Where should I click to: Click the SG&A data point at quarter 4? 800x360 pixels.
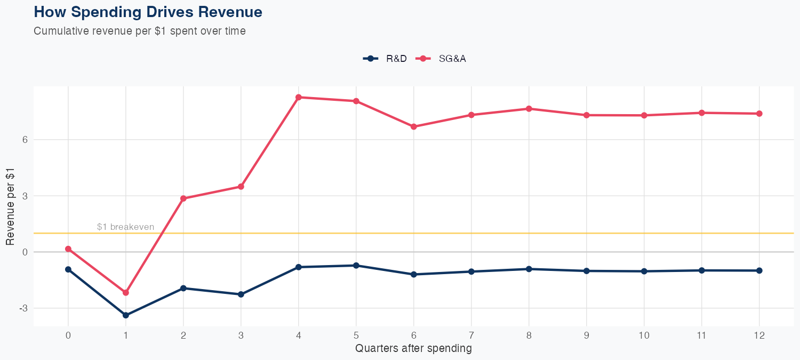pyautogui.click(x=299, y=97)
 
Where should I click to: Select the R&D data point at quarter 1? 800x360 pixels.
pyautogui.click(x=126, y=315)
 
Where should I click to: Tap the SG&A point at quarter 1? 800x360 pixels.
pyautogui.click(x=126, y=292)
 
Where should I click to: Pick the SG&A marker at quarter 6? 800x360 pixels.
pyautogui.click(x=414, y=126)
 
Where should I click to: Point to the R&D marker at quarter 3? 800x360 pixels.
pyautogui.click(x=241, y=294)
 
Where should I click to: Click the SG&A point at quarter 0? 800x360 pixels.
pyautogui.click(x=68, y=249)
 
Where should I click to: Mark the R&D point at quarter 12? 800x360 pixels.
pyautogui.click(x=759, y=270)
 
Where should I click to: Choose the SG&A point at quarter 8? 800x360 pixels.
pyautogui.click(x=529, y=109)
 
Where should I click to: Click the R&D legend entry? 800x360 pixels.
pyautogui.click(x=385, y=59)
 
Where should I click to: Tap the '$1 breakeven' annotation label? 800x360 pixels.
pyautogui.click(x=125, y=227)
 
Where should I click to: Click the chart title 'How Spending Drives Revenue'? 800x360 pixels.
pyautogui.click(x=148, y=12)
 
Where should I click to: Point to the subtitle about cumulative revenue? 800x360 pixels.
pyautogui.click(x=140, y=31)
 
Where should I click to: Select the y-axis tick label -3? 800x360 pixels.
pyautogui.click(x=23, y=308)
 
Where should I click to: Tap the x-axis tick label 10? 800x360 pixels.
pyautogui.click(x=644, y=335)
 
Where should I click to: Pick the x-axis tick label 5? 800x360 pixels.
pyautogui.click(x=356, y=335)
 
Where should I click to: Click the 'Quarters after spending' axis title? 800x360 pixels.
pyautogui.click(x=413, y=349)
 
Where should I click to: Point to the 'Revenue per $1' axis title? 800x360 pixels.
pyautogui.click(x=10, y=206)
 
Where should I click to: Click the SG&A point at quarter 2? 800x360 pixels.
pyautogui.click(x=183, y=198)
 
